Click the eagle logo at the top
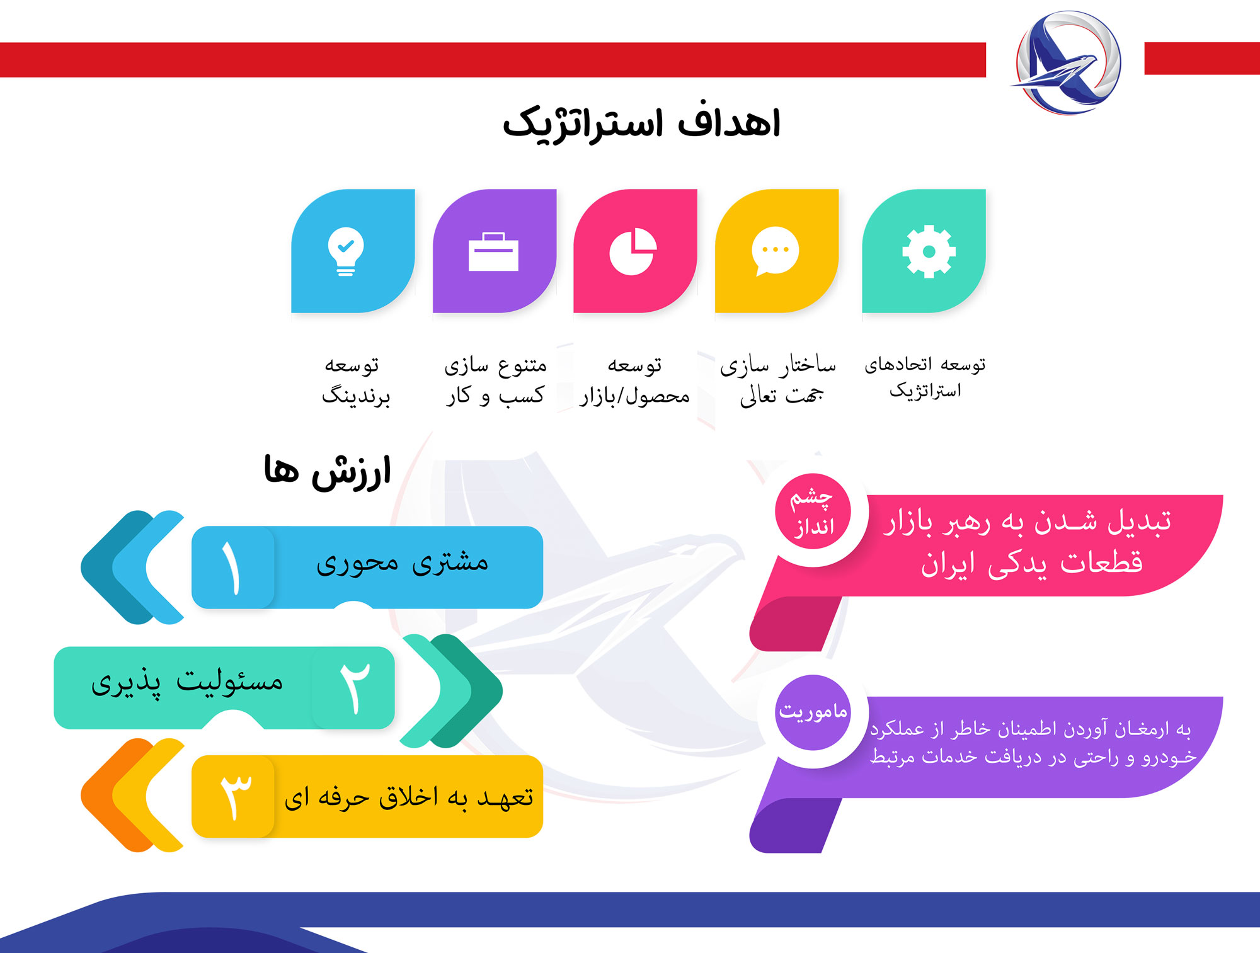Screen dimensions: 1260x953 click(x=1067, y=62)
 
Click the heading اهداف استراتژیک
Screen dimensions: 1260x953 click(x=641, y=123)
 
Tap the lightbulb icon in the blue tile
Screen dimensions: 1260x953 click(x=346, y=251)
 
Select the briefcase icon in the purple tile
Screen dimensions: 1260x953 click(x=493, y=252)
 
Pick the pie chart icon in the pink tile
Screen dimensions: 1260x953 click(x=633, y=251)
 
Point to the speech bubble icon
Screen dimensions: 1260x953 click(x=775, y=251)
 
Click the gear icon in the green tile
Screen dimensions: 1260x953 click(x=929, y=251)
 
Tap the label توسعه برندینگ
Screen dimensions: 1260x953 click(x=355, y=380)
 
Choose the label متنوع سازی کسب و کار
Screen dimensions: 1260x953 click(x=495, y=380)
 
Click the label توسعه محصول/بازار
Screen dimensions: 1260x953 click(x=634, y=380)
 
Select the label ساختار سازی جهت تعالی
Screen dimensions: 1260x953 click(x=779, y=380)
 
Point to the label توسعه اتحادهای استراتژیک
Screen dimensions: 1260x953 click(x=925, y=377)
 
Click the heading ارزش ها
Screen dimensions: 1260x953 click(x=328, y=472)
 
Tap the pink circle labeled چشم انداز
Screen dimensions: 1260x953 click(x=813, y=511)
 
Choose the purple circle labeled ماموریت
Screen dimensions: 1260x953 click(x=813, y=712)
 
